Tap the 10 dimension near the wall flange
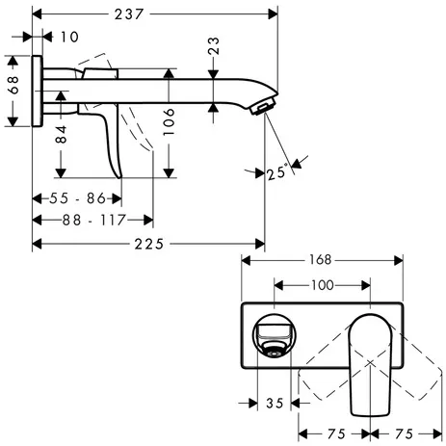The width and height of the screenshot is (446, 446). click(x=67, y=38)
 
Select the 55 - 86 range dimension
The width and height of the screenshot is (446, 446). click(x=76, y=198)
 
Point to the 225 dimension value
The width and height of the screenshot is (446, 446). click(x=148, y=244)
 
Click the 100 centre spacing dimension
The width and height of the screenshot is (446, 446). click(x=322, y=285)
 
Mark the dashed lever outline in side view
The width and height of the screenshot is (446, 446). click(x=144, y=130)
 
